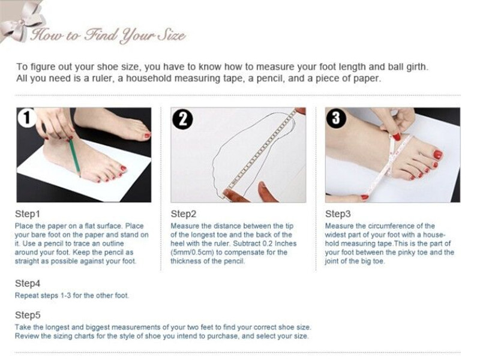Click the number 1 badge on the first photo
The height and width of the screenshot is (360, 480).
pos(27,118)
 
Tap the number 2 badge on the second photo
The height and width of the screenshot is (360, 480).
pos(182,119)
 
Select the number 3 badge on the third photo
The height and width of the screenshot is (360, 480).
pos(336,118)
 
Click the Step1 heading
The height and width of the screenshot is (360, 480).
pos(28,214)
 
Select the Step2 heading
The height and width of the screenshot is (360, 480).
pos(184,214)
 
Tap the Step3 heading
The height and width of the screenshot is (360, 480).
pos(338,214)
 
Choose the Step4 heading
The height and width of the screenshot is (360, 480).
pos(28,283)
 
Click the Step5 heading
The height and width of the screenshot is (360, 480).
pos(28,315)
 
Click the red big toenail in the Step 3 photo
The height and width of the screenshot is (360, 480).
pos(438,155)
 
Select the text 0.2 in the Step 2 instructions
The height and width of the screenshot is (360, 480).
pos(268,244)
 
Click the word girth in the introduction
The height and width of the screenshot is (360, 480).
pos(417,67)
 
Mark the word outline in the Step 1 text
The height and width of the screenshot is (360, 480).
pos(110,244)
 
